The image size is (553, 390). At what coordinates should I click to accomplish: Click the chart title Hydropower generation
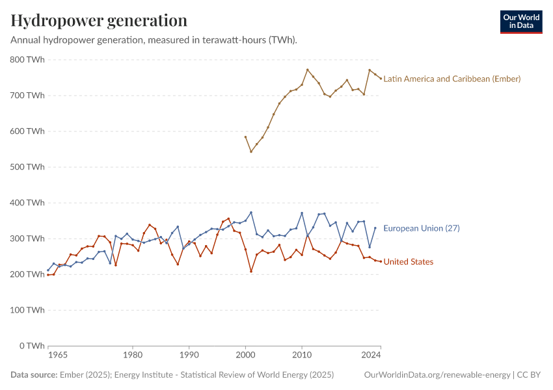tap(99, 21)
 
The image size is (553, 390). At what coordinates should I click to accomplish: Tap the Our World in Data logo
tap(521, 21)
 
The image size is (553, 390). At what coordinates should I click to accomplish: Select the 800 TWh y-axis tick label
tap(28, 60)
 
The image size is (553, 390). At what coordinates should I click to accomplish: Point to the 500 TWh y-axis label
tap(28, 167)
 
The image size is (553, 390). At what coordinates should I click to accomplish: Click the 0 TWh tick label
tap(32, 346)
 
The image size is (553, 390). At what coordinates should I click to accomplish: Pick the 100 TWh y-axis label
tap(28, 310)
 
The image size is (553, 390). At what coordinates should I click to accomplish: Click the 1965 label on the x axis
tap(58, 356)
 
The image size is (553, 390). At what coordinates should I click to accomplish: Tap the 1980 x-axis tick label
tap(133, 356)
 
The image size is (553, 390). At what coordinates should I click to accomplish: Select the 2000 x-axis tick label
tap(245, 356)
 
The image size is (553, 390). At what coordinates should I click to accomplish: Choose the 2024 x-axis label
tap(371, 356)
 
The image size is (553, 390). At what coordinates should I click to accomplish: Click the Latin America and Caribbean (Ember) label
tap(452, 79)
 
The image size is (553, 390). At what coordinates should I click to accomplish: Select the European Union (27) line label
tap(422, 228)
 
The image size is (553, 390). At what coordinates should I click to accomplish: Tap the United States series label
tap(408, 262)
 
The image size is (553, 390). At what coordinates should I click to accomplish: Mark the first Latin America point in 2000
tap(245, 137)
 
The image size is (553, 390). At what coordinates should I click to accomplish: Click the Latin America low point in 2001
tap(251, 151)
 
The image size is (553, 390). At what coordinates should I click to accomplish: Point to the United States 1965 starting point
tap(48, 275)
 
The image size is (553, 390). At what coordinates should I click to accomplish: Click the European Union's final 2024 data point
tap(375, 227)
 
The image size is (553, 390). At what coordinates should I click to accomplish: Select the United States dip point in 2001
tap(251, 271)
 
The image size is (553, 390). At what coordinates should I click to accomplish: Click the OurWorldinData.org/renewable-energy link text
tap(437, 375)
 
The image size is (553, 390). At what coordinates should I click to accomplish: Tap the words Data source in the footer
tap(33, 375)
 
